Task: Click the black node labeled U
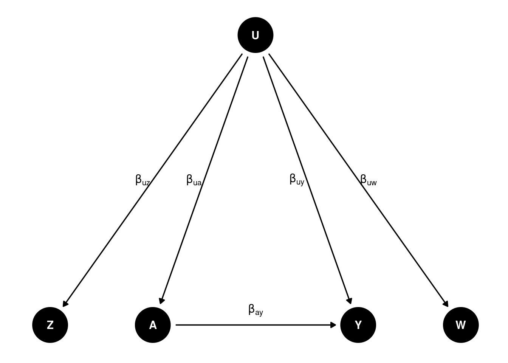click(x=256, y=35)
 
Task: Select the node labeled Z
click(x=50, y=325)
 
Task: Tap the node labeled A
click(x=153, y=325)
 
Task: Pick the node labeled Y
click(x=358, y=325)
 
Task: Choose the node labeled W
click(x=461, y=325)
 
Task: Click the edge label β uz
click(x=142, y=180)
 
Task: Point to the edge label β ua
click(x=194, y=180)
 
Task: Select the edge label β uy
click(x=297, y=180)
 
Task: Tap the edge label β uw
click(x=369, y=180)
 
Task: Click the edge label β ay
click(x=256, y=310)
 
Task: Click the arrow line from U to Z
click(x=152, y=180)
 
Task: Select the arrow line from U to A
click(x=204, y=180)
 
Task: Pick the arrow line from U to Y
click(x=307, y=180)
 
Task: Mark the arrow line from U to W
click(x=359, y=180)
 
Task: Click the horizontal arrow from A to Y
click(x=256, y=325)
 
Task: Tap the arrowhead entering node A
click(x=161, y=301)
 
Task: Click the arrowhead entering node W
click(x=446, y=304)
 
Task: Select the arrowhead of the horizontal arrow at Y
click(x=333, y=325)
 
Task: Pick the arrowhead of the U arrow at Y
click(x=350, y=301)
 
